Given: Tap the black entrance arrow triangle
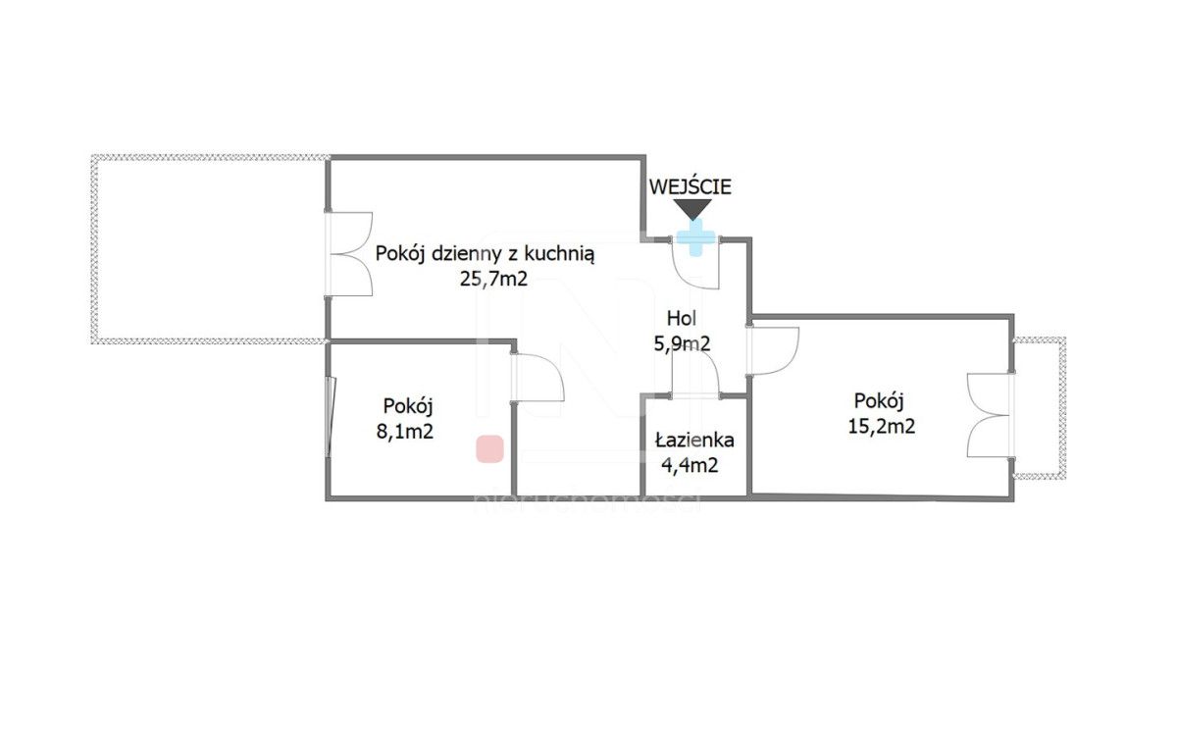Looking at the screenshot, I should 693,209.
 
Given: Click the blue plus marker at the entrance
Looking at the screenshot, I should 695,237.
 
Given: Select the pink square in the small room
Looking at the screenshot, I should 489,449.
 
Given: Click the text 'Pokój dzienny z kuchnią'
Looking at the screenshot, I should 485,254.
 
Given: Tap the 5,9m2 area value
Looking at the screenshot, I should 683,343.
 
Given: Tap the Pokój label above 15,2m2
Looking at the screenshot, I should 878,400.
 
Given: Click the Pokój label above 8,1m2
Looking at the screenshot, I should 409,404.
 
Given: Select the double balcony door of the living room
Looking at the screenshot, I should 350,254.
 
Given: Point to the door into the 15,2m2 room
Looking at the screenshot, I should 774,349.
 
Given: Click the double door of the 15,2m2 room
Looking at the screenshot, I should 989,414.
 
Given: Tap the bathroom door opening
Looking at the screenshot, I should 695,394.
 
